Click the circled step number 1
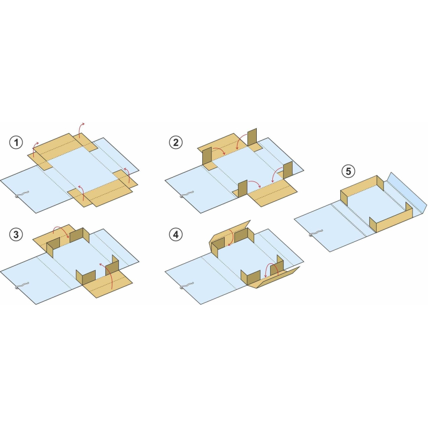16,142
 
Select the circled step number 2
175,142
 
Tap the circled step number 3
16,234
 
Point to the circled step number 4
175,234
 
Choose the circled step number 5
348,171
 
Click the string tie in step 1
21,194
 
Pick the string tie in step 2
187,194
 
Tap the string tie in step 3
21,286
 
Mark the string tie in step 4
187,286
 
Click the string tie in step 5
316,233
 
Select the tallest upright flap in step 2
252,137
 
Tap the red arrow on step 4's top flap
231,237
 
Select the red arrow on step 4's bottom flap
271,270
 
